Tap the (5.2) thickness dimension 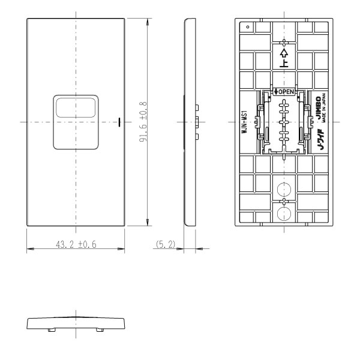point(164,245)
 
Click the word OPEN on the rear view point(284,91)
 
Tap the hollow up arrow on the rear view point(285,44)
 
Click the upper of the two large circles point(285,187)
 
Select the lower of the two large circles point(285,212)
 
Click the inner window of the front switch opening point(76,107)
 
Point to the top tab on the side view point(197,109)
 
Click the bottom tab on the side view point(197,137)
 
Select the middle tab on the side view point(197,123)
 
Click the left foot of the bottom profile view point(51,329)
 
